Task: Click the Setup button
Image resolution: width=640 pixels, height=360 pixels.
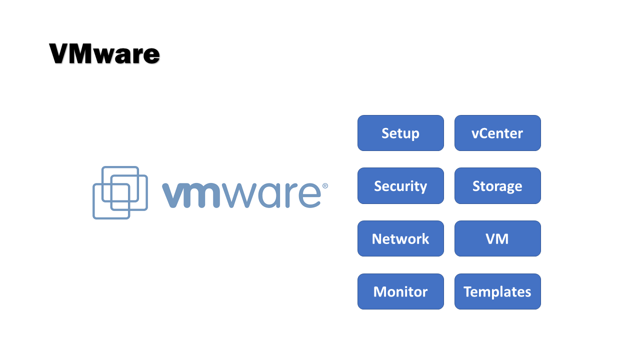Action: [x=400, y=133]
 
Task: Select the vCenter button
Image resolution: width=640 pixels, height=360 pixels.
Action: [x=497, y=133]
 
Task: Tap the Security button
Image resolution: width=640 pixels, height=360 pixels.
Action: [x=400, y=186]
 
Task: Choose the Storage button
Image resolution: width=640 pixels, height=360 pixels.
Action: [x=497, y=186]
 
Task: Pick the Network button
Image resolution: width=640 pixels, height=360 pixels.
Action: [x=400, y=238]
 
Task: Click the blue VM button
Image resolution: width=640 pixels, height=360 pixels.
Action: [x=497, y=238]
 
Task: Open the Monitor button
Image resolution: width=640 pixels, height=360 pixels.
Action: [x=400, y=291]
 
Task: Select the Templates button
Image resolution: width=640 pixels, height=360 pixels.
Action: [x=497, y=291]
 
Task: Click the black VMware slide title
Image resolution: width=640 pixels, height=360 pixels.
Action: [x=104, y=54]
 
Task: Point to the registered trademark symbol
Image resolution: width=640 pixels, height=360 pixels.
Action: [x=325, y=185]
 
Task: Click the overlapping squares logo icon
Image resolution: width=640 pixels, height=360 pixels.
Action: [x=120, y=192]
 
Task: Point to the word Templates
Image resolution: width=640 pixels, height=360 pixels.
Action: [x=497, y=291]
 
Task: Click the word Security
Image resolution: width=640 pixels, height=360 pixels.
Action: [x=400, y=186]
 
